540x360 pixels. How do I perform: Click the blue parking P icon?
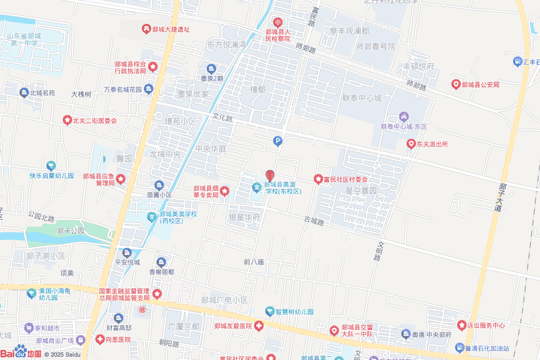(277, 141)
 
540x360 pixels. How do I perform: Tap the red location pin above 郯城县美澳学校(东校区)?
(269, 176)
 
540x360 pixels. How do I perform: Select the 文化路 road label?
(223, 118)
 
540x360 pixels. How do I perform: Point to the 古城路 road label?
(314, 220)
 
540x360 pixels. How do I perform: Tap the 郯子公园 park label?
(71, 231)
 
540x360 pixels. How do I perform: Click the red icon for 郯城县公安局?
(456, 84)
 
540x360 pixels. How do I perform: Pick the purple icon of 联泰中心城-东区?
(403, 116)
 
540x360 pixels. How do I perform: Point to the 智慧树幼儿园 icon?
(269, 312)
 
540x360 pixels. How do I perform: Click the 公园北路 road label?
(41, 217)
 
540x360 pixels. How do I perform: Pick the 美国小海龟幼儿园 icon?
(32, 291)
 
